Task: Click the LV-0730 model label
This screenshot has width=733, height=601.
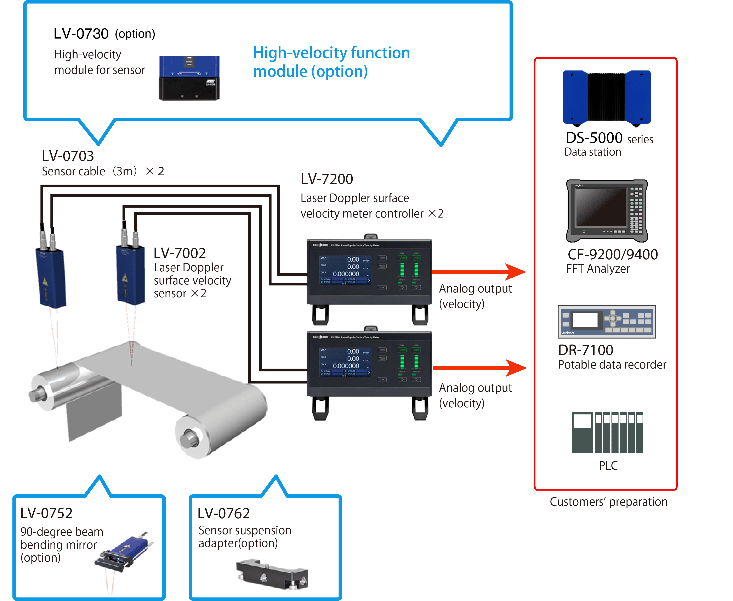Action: coord(81,34)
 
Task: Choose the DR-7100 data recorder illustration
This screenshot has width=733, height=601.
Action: coord(607,321)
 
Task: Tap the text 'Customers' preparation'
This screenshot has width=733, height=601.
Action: coord(608,502)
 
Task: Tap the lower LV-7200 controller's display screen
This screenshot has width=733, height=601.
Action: coord(345,362)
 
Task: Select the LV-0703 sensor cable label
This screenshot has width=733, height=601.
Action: coord(68,156)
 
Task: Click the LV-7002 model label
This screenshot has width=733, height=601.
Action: coord(180,253)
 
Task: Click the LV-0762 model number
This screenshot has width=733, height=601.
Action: coord(223,513)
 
